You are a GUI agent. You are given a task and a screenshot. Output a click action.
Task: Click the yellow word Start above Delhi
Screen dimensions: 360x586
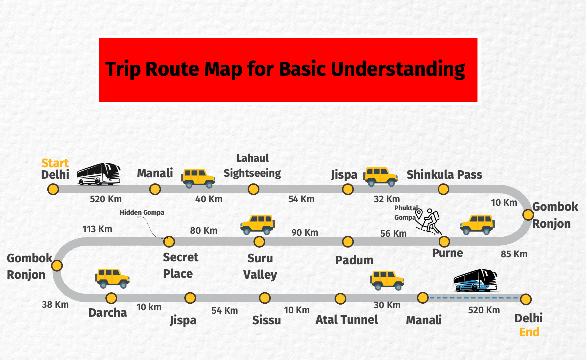55,163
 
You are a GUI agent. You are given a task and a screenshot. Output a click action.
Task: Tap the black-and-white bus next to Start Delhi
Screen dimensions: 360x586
99,174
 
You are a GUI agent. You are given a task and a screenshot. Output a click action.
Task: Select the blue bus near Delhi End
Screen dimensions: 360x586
475,281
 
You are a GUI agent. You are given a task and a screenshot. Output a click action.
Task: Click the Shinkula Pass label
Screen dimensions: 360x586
444,175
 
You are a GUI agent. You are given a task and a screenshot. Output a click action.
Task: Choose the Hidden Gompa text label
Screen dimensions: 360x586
142,213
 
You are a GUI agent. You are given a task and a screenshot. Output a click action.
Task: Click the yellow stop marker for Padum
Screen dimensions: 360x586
348,242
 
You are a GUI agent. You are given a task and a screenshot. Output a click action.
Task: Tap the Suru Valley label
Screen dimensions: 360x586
260,266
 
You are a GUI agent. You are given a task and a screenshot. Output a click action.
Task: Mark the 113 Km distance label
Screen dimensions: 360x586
97,229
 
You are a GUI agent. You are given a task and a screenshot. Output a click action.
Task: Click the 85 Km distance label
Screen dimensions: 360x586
514,254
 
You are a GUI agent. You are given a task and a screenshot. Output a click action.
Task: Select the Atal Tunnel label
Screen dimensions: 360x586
347,319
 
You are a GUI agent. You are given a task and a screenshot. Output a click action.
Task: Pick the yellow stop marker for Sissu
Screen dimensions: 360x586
265,298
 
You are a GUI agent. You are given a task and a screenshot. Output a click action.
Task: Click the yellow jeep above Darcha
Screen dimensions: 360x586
113,278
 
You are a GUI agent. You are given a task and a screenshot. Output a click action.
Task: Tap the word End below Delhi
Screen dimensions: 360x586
529,332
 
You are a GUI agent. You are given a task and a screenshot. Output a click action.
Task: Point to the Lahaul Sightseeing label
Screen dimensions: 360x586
252,166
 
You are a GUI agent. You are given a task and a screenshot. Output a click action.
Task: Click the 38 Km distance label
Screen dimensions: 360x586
55,304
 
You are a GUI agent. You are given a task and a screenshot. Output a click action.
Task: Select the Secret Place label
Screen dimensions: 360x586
180,265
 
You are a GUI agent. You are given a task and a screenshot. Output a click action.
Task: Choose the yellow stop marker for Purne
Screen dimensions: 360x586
444,242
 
